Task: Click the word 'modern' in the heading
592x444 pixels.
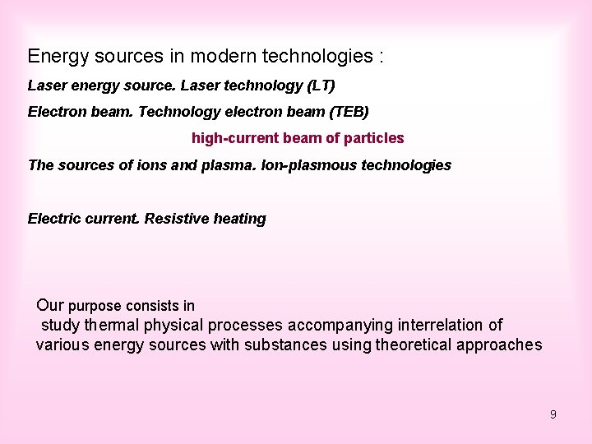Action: (224, 57)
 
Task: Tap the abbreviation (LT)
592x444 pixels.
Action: (319, 86)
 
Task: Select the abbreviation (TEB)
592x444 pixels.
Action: (345, 112)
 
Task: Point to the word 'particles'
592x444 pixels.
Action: (373, 138)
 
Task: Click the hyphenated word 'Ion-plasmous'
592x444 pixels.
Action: (300, 165)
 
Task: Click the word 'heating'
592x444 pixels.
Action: (239, 219)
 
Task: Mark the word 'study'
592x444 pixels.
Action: (60, 326)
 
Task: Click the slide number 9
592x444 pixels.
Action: (553, 414)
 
